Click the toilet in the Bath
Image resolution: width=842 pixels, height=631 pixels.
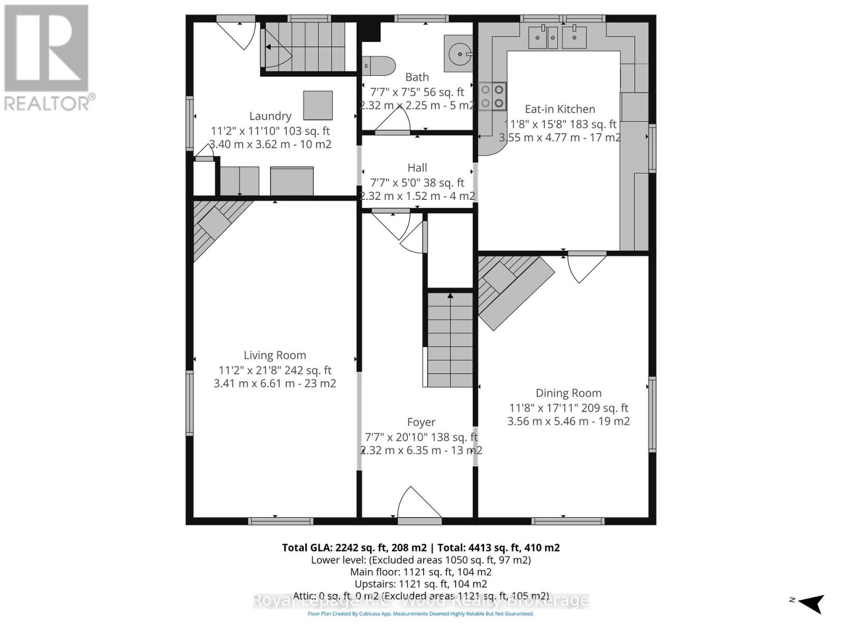380,66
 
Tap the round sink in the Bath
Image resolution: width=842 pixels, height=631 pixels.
459,53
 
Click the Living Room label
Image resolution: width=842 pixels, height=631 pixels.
275,355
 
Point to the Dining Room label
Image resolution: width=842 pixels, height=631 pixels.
568,393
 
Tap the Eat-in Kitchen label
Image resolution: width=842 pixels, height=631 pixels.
560,109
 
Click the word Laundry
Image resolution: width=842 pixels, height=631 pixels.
270,116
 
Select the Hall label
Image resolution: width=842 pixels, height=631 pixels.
417,168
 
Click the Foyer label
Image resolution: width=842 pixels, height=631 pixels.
421,422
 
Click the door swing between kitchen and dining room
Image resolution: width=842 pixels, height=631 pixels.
585,267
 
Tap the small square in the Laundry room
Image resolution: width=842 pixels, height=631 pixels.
317,105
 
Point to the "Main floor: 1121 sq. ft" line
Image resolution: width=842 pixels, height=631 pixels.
420,572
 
